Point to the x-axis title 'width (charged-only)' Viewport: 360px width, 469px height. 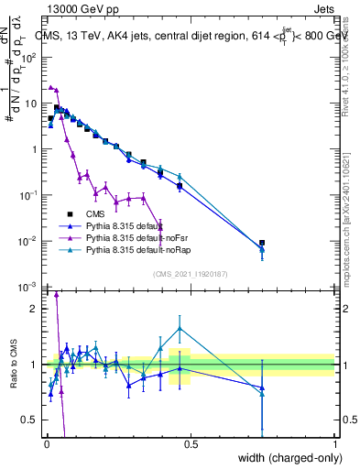tap(284, 457)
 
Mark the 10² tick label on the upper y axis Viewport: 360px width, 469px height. tap(29, 57)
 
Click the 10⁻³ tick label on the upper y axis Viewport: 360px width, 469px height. tap(29, 287)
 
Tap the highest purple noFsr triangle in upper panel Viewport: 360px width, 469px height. tap(51, 87)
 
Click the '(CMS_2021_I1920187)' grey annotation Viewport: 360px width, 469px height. tap(190, 273)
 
